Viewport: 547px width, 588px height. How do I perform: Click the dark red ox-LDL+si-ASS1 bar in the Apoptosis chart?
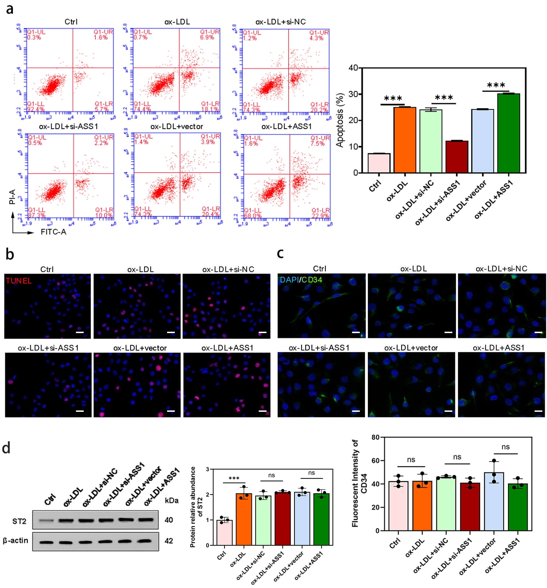(x=456, y=157)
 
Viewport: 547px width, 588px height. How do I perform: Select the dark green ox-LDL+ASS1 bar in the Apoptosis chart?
(x=508, y=133)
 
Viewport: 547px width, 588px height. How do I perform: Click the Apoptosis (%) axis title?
(x=340, y=120)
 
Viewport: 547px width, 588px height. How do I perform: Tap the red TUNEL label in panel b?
(x=18, y=281)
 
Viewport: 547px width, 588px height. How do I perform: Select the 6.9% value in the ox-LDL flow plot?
(x=207, y=37)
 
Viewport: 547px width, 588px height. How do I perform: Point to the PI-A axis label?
(x=12, y=197)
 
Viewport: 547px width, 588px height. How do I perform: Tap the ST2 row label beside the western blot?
(x=19, y=521)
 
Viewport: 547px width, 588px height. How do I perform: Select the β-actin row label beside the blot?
(x=15, y=540)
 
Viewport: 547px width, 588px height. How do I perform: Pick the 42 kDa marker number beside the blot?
(x=169, y=541)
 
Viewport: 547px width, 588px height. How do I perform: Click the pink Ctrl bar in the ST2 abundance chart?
(x=224, y=532)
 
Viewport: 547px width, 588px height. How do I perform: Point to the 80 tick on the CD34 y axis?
(x=375, y=437)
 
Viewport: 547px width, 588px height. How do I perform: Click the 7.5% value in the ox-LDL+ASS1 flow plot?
(x=317, y=143)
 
